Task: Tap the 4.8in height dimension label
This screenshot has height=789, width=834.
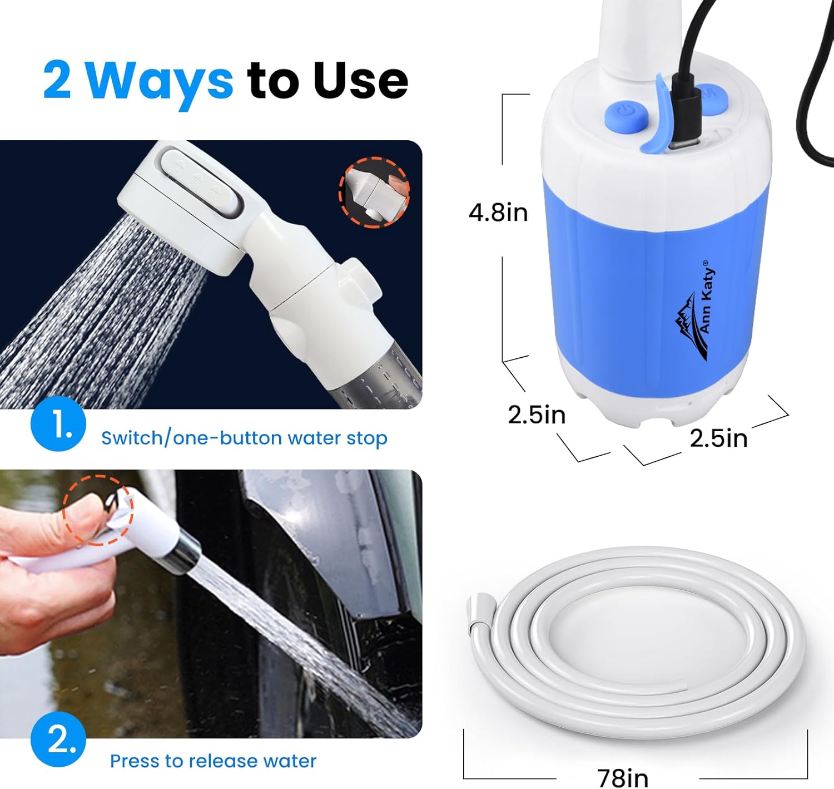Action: [x=498, y=213]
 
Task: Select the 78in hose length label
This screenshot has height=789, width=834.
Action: [x=622, y=777]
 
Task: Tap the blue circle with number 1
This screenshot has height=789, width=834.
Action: [x=58, y=424]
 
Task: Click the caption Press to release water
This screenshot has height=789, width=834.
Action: [x=213, y=761]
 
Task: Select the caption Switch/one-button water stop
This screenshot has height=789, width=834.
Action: [x=244, y=438]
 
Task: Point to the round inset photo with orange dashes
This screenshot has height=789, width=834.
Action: [x=374, y=192]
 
